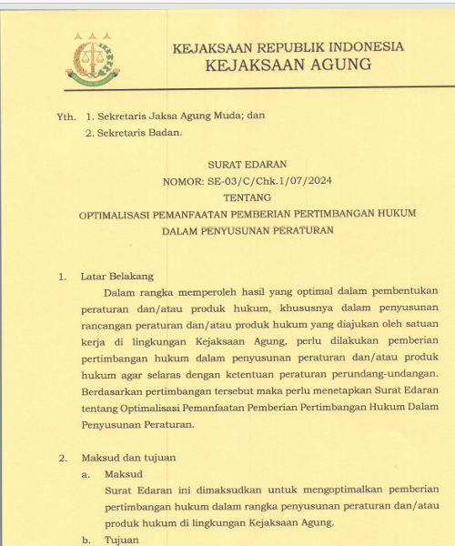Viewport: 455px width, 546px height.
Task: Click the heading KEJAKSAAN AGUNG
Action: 275,65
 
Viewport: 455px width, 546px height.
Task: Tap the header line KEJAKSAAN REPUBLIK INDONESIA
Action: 275,46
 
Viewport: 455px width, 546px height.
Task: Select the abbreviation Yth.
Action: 66,116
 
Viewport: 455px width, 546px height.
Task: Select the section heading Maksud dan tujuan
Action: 127,457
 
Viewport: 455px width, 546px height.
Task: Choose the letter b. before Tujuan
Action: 86,540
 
